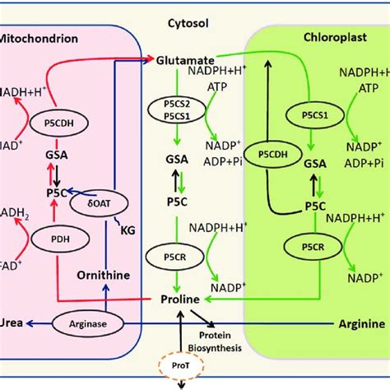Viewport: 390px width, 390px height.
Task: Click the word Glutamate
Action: [x=185, y=60]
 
